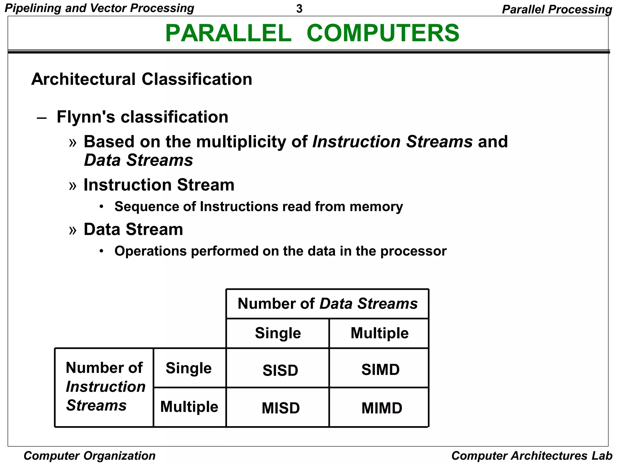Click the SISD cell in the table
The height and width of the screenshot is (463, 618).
click(280, 370)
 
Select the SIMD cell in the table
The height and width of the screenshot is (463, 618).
click(380, 370)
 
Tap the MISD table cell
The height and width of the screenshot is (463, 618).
click(280, 408)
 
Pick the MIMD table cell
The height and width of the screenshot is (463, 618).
click(381, 408)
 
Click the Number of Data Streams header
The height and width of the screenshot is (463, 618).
click(327, 304)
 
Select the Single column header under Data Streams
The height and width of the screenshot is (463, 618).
click(278, 333)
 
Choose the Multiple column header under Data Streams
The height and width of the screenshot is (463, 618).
click(379, 333)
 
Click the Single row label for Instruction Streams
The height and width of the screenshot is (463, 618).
click(189, 368)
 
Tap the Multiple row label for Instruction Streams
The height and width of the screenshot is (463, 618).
click(189, 407)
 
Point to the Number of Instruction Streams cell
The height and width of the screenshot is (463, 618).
click(104, 386)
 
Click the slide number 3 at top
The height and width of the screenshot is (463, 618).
click(299, 9)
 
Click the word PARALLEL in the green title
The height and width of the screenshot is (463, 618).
click(228, 33)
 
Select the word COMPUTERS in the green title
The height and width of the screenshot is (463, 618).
click(383, 33)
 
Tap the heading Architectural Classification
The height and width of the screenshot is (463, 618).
click(142, 79)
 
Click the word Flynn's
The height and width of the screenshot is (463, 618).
click(86, 117)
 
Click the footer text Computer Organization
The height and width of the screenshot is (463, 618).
click(89, 455)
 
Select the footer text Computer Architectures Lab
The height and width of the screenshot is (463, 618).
click(531, 455)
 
